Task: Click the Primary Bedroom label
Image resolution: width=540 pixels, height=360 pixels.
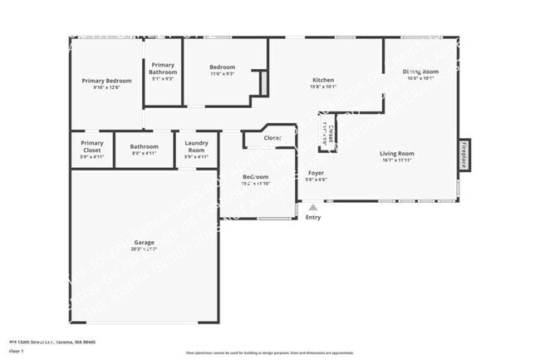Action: coord(107,81)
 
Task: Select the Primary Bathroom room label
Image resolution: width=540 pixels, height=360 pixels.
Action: coord(163,68)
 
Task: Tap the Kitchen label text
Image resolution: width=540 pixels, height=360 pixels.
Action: coord(323,80)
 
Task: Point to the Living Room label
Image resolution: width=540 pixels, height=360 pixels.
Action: coord(397,154)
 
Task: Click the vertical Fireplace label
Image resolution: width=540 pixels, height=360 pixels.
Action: coord(464,155)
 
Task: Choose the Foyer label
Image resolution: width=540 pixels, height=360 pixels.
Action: coord(316,172)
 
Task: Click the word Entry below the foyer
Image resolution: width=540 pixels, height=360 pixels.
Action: coord(312,218)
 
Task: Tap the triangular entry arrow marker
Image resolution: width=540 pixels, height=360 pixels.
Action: coord(312,208)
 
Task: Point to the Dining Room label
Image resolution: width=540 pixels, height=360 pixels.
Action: coord(420,72)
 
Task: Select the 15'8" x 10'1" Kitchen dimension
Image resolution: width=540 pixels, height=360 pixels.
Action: coord(323,86)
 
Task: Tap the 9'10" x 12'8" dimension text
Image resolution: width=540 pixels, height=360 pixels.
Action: coord(107,87)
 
